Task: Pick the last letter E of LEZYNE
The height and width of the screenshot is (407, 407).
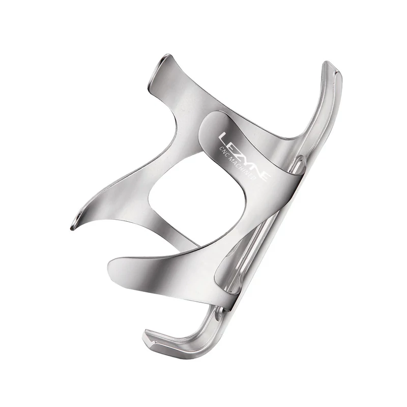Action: tap(265, 176)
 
